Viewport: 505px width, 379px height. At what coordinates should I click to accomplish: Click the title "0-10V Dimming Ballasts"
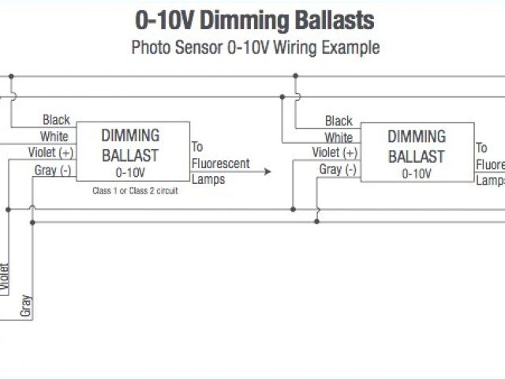click(x=255, y=21)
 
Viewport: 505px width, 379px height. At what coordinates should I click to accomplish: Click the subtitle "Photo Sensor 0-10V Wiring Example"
click(x=255, y=47)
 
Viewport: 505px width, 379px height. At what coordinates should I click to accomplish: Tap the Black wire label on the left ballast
click(x=56, y=120)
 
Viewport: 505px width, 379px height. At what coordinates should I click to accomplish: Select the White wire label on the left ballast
click(x=55, y=137)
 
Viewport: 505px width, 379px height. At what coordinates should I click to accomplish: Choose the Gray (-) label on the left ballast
click(x=53, y=170)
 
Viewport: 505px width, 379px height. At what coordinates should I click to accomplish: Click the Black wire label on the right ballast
click(x=339, y=121)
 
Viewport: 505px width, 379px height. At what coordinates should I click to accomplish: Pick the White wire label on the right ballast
click(x=339, y=137)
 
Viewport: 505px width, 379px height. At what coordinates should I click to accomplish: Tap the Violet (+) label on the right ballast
click(x=335, y=152)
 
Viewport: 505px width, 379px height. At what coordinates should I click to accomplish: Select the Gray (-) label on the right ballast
click(x=338, y=170)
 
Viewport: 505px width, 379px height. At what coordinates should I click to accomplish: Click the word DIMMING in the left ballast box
click(x=130, y=136)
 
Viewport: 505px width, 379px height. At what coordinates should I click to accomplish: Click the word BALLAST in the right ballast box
click(x=416, y=156)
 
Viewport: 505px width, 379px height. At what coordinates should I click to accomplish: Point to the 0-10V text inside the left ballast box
click(x=130, y=171)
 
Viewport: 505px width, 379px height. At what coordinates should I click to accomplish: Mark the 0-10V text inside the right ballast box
click(x=416, y=173)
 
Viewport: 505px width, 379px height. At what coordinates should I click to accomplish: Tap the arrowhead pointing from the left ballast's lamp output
click(x=267, y=171)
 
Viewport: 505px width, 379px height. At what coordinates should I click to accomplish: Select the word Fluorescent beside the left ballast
click(x=221, y=163)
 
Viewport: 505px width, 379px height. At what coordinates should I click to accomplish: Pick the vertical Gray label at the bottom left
click(x=26, y=306)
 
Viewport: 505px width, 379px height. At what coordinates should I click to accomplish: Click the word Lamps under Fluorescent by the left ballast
click(x=208, y=179)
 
